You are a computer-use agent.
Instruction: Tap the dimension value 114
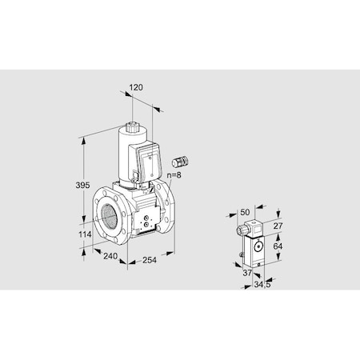pyautogui.click(x=74, y=234)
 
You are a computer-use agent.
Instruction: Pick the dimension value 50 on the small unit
pyautogui.click(x=244, y=213)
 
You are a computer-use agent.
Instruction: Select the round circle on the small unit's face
pyautogui.click(x=259, y=249)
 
